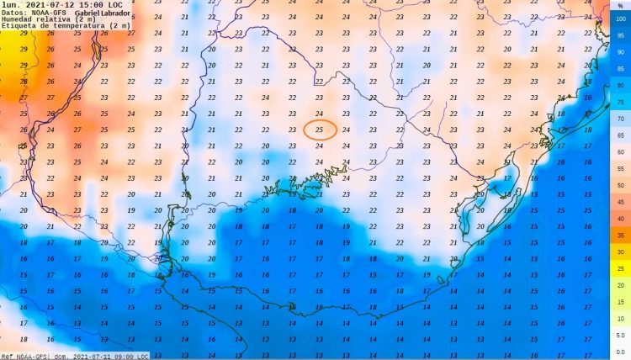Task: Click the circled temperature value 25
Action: tap(320, 130)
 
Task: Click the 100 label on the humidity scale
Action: tap(621, 19)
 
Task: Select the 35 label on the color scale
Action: tap(621, 235)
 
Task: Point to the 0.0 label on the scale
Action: tap(621, 351)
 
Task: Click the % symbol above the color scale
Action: tap(621, 5)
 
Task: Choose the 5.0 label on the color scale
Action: tap(621, 335)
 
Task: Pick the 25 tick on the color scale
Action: tap(621, 268)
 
